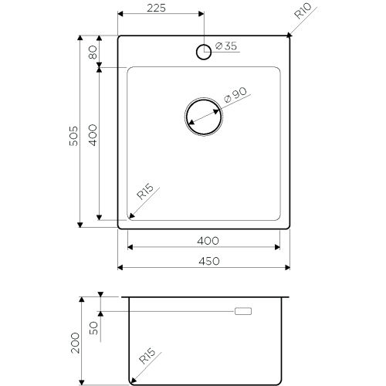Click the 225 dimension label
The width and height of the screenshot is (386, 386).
[156, 8]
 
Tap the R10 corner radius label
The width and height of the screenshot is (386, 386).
[303, 11]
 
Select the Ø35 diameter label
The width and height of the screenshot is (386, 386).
[226, 46]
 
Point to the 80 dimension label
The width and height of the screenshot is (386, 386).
[93, 52]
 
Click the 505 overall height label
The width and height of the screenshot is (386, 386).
[73, 136]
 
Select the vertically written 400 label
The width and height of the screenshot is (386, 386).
[93, 135]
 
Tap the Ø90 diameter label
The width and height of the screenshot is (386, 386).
[235, 95]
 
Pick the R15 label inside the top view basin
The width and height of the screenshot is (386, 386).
[145, 191]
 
